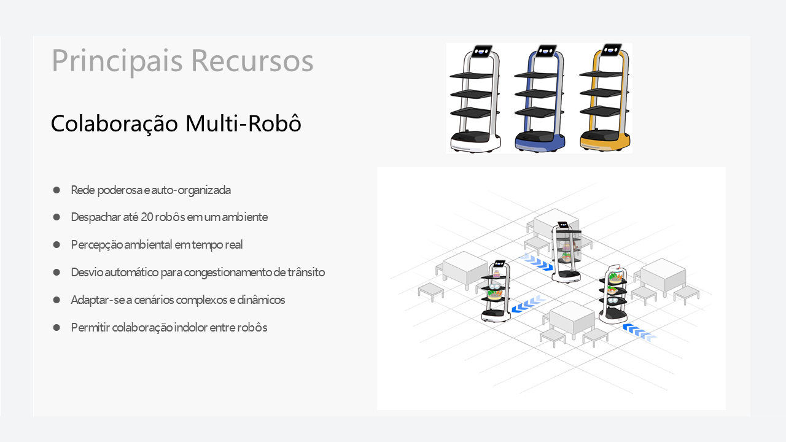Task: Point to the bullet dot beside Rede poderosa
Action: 56,190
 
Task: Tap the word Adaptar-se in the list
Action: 94,300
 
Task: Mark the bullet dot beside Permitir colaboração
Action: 56,327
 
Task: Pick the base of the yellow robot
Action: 605,142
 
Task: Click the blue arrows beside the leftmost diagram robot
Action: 527,304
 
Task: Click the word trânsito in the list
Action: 305,272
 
